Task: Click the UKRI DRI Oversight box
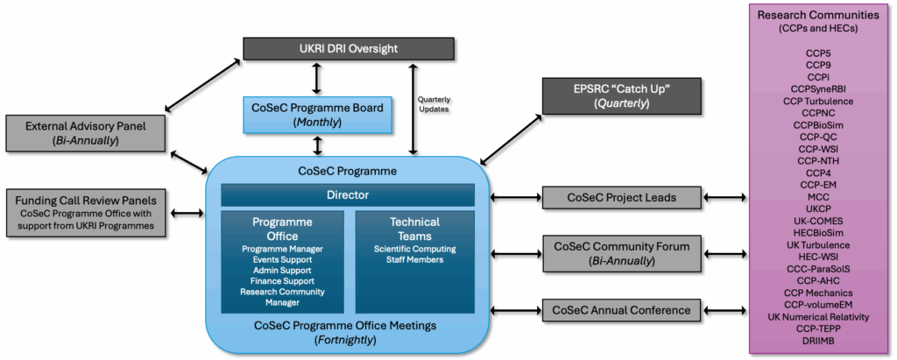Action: tap(349, 49)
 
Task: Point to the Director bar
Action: tap(347, 194)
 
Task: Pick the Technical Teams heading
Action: tap(414, 228)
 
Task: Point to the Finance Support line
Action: tap(282, 281)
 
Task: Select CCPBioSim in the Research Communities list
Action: tap(817, 125)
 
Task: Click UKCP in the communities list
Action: tap(817, 209)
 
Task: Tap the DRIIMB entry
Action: tap(817, 341)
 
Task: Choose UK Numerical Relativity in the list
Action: tap(817, 316)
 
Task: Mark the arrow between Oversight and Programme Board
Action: tap(316, 78)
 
